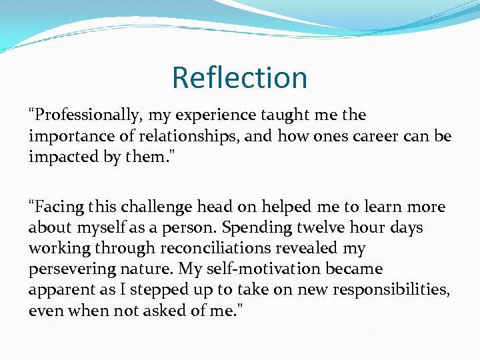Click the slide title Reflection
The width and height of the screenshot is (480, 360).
[239, 77]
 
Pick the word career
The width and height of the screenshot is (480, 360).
[365, 137]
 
